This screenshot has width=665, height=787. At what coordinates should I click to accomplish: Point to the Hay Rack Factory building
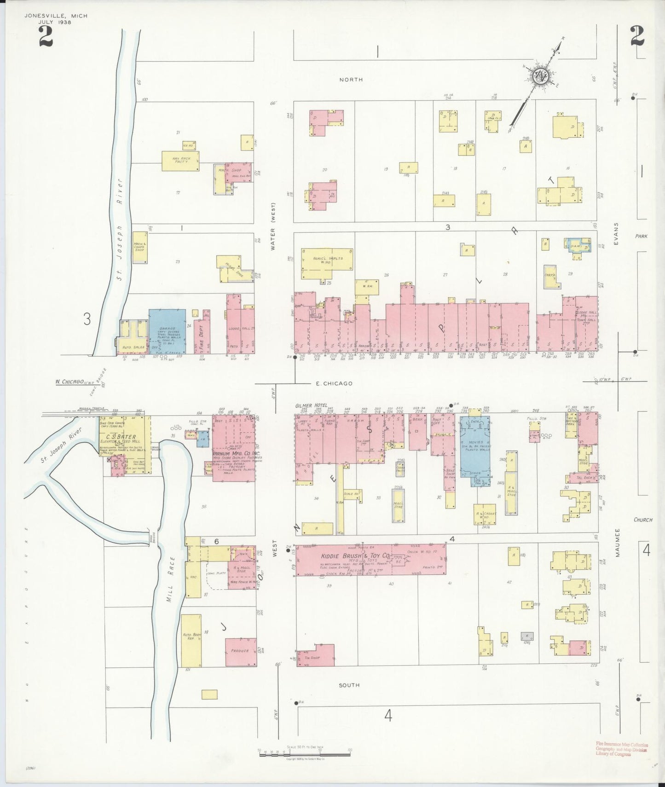180,161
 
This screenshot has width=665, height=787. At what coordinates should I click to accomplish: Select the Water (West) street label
273,226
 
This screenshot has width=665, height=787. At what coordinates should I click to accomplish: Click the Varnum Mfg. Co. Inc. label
235,453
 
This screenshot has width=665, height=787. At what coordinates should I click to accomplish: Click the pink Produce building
241,651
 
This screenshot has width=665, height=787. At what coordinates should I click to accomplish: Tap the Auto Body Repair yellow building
191,640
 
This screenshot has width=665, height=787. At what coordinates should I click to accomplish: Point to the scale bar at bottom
304,754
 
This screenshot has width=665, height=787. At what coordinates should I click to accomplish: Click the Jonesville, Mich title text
55,16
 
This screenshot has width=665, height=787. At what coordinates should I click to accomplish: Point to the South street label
349,685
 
